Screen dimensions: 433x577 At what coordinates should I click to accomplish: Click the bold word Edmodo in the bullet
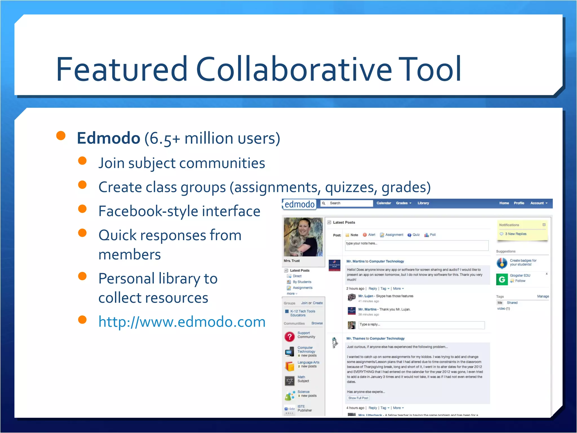pyautogui.click(x=108, y=138)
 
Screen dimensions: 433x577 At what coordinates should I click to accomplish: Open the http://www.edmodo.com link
pyautogui.click(x=182, y=322)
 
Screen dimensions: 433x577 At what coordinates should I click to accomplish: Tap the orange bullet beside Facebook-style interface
pyautogui.click(x=82, y=209)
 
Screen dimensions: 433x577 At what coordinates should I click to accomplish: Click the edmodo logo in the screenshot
pyautogui.click(x=299, y=204)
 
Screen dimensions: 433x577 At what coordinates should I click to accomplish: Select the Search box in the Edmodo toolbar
pyautogui.click(x=349, y=203)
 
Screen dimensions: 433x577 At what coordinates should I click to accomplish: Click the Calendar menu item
pyautogui.click(x=383, y=203)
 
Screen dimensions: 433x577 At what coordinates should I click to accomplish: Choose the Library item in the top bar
pyautogui.click(x=423, y=203)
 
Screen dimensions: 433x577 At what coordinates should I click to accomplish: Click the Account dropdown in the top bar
pyautogui.click(x=538, y=203)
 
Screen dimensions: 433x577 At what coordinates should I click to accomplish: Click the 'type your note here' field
pyautogui.click(x=416, y=245)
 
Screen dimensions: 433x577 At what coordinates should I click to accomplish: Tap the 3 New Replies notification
pyautogui.click(x=515, y=234)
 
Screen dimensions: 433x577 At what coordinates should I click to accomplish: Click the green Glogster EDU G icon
pyautogui.click(x=502, y=279)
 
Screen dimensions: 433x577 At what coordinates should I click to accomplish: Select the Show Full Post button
pyautogui.click(x=358, y=398)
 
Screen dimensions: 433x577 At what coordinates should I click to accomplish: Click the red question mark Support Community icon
pyautogui.click(x=289, y=337)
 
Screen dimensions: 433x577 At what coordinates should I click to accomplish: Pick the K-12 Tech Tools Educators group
pyautogui.click(x=302, y=313)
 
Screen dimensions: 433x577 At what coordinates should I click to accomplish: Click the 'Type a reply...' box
pyautogui.click(x=421, y=325)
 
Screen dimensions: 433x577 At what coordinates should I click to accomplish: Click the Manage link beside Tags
pyautogui.click(x=543, y=296)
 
